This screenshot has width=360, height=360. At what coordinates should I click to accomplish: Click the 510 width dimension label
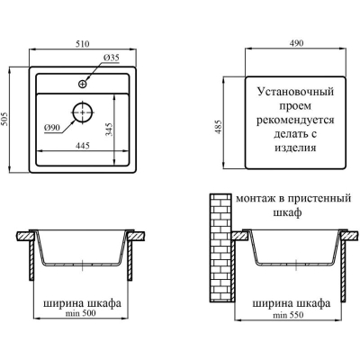point(83,44)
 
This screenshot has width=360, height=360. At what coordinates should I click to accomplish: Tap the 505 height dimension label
point(5,120)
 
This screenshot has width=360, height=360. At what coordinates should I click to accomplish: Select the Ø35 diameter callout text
point(112,58)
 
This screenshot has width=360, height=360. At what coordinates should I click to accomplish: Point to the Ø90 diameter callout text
point(52,128)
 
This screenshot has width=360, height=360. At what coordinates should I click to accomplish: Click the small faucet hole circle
point(83,84)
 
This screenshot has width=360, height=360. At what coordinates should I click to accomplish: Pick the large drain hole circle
point(83,112)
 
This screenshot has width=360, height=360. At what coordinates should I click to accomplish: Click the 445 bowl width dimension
point(83,146)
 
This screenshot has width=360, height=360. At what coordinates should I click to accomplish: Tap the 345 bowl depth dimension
point(110,130)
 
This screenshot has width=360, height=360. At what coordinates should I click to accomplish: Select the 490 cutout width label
point(296,43)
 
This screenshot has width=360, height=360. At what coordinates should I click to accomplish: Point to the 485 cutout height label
point(219,127)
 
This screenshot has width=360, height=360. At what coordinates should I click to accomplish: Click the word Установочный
point(295,92)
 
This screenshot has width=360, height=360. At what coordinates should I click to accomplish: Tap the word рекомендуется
point(295,120)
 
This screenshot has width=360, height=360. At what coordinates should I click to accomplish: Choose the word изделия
point(295,148)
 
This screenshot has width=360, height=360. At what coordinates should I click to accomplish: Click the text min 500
point(81,313)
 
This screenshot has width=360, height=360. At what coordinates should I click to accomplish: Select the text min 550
point(288,315)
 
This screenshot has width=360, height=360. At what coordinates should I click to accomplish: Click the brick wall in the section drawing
point(221,247)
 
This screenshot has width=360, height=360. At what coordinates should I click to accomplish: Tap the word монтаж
point(256,199)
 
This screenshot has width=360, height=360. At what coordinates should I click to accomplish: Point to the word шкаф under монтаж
point(287,212)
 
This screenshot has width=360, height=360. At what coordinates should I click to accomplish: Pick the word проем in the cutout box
point(295,106)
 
